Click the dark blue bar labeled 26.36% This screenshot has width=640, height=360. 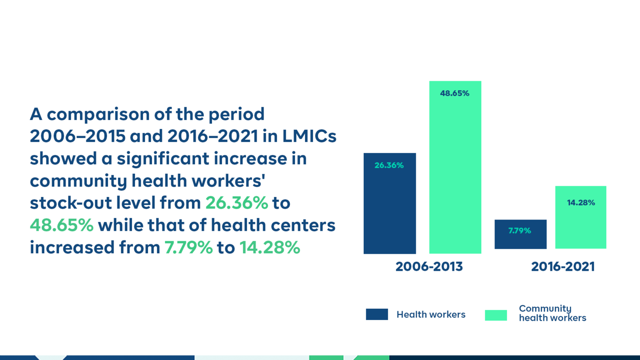pos(390,203)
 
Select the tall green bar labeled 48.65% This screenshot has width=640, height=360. pos(455,167)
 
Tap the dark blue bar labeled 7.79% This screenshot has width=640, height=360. pos(520,234)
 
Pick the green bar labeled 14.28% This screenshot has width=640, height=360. pos(581,217)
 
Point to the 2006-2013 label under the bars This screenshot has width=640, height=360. pos(429,267)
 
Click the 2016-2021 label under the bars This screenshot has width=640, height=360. pos(563,267)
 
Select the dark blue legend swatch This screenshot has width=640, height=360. pos(377,314)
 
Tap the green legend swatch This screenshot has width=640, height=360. pos(496,315)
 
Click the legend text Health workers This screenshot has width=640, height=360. pos(431,315)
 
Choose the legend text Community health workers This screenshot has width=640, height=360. pos(552,313)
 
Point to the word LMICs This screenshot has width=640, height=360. pos(310,136)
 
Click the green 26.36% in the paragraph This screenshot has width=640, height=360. pos(237,203)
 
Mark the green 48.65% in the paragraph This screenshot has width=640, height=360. pos(62,225)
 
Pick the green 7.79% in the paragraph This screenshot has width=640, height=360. pos(189,247)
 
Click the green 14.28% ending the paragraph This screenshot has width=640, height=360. pos(270,247)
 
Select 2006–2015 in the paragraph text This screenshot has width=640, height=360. pos(78,136)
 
